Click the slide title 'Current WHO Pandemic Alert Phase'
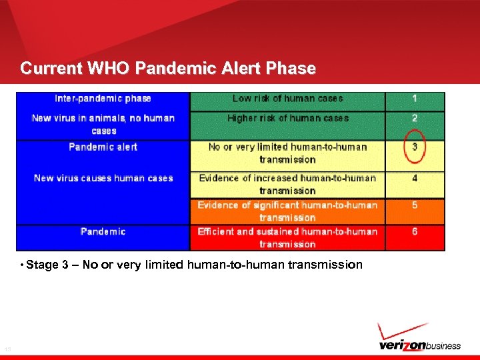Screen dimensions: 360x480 click(168, 68)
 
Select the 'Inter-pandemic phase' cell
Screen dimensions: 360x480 click(103, 99)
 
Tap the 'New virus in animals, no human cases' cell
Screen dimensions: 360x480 click(103, 125)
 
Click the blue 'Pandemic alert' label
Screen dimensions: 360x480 click(103, 147)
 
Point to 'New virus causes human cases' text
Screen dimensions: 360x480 click(103, 178)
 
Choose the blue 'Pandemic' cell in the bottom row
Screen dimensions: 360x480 click(103, 231)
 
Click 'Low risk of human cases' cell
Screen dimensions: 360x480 click(287, 99)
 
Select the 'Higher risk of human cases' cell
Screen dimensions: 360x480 click(287, 118)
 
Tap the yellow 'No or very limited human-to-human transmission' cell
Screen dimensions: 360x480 click(287, 153)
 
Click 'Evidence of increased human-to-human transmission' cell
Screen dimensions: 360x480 click(287, 185)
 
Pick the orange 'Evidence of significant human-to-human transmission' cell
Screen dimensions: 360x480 click(287, 211)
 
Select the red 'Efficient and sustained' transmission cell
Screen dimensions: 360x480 click(287, 238)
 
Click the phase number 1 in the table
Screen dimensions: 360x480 click(415, 99)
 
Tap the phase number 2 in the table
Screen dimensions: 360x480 click(415, 118)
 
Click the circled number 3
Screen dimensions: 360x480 click(415, 147)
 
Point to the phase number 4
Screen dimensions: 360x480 click(415, 178)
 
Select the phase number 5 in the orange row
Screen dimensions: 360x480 click(415, 205)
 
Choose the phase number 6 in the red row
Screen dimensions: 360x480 click(415, 231)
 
